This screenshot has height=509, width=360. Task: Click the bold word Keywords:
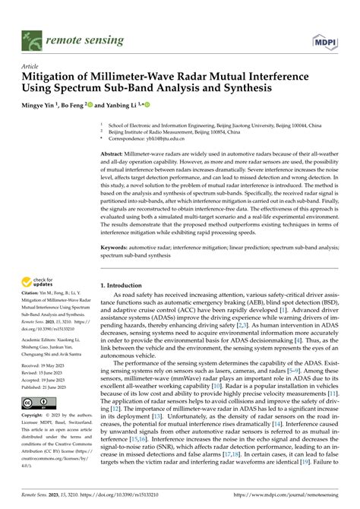tap(119, 248)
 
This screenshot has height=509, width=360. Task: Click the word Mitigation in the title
tap(55, 77)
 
